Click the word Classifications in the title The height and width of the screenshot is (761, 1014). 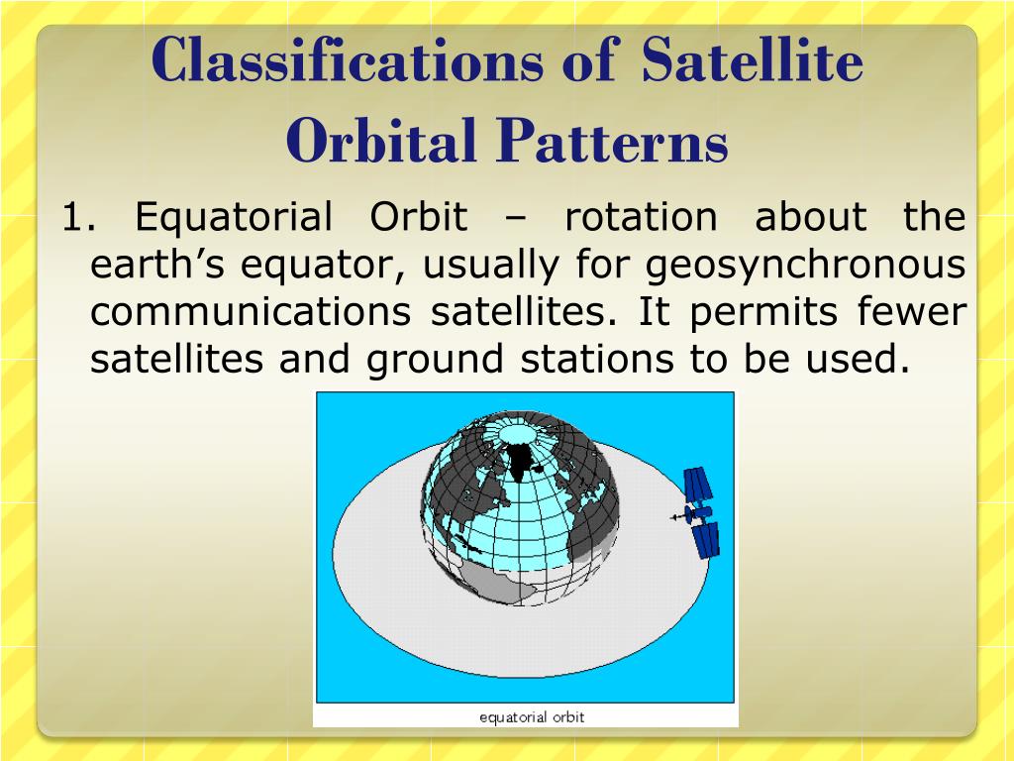(348, 59)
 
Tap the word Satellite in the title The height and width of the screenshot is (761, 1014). (753, 59)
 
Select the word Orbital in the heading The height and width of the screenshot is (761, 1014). (381, 141)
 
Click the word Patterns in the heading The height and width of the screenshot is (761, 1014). (612, 141)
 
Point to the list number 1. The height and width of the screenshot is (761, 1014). (78, 217)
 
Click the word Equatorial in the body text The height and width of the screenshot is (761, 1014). (234, 218)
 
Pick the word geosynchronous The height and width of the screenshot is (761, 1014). (806, 267)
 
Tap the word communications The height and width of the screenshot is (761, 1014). (251, 312)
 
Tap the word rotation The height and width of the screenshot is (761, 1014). (641, 217)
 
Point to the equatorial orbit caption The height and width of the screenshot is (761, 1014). (532, 717)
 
